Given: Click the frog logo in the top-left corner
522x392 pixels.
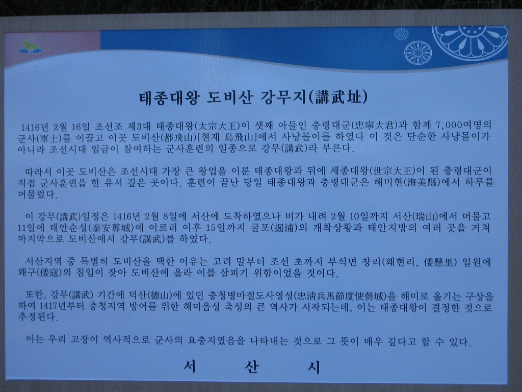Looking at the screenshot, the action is (30, 45).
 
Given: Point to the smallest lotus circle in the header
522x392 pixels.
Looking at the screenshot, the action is (401, 34).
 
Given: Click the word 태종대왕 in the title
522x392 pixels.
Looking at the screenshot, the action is (169, 97).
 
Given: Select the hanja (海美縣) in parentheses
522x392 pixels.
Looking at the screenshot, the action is (422, 182).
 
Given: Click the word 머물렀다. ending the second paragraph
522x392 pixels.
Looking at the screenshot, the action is (37, 194).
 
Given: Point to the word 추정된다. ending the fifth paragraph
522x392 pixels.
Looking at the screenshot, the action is (38, 317).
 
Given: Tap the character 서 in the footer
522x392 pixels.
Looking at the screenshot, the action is (190, 367).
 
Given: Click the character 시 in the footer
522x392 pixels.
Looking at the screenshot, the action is (314, 367).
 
